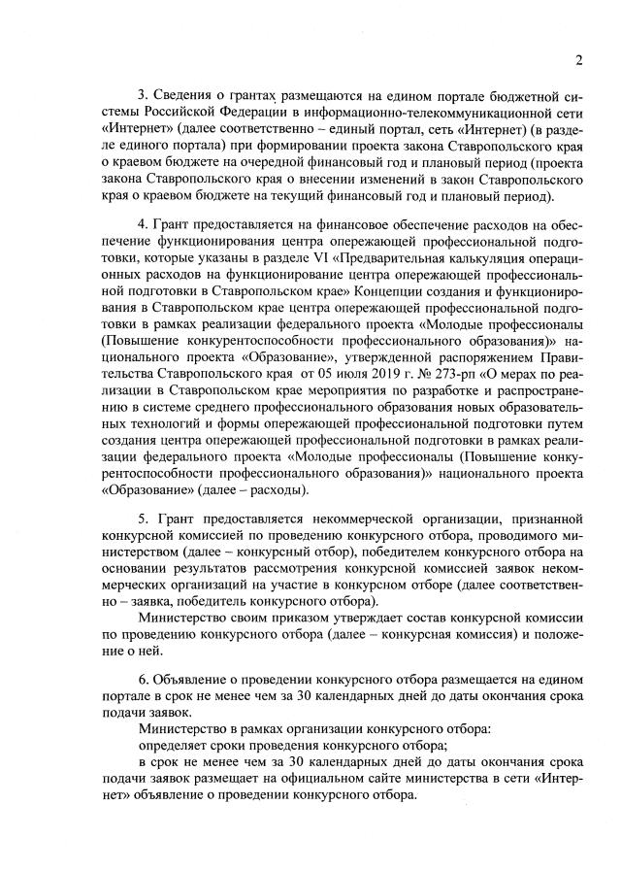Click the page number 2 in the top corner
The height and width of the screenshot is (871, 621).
577,60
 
